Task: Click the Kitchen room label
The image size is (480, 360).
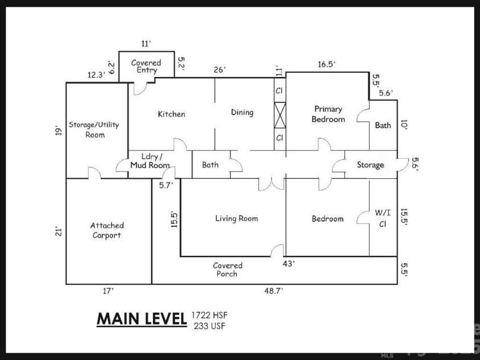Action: click(x=171, y=114)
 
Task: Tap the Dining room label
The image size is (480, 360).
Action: click(x=242, y=112)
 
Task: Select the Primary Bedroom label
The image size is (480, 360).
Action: click(x=328, y=114)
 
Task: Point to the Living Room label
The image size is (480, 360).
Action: click(x=236, y=218)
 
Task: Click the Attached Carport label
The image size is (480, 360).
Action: click(x=107, y=230)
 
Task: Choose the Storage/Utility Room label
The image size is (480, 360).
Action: click(x=94, y=129)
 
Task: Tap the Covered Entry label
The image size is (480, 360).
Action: click(x=146, y=66)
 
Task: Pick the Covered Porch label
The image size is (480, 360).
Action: click(x=227, y=269)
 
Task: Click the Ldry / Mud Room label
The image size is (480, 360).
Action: click(x=150, y=161)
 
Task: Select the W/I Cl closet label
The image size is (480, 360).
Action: click(x=383, y=218)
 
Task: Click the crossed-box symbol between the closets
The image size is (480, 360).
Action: click(x=280, y=115)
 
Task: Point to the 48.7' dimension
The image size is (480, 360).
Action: click(x=273, y=291)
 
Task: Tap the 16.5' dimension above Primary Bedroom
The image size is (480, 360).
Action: click(x=327, y=64)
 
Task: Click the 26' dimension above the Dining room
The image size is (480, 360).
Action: click(x=219, y=70)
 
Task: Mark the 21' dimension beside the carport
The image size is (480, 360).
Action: click(x=59, y=231)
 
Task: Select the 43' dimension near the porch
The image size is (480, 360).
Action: click(x=289, y=263)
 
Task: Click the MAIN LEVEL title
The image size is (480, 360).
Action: click(x=142, y=319)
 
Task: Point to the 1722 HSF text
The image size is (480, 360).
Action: click(x=210, y=314)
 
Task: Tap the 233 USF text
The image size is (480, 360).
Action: click(x=210, y=326)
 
